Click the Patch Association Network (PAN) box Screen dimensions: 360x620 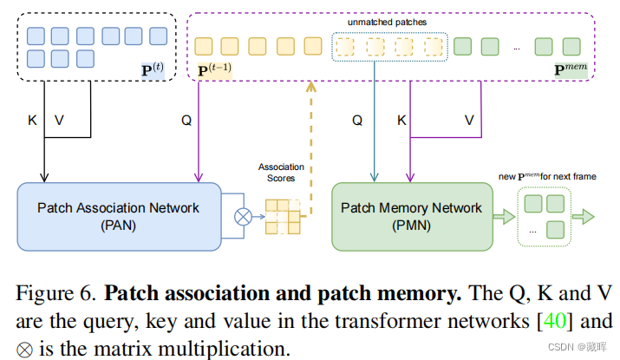tap(119, 215)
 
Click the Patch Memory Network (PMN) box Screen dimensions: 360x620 tap(411, 216)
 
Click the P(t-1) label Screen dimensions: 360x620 tap(215, 66)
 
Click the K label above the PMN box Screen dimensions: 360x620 tap(401, 121)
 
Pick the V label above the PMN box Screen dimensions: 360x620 tap(468, 121)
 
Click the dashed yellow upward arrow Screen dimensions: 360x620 tap(310, 139)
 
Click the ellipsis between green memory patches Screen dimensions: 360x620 tap(516, 47)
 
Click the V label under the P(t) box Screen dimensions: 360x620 tap(59, 121)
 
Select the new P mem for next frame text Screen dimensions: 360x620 tap(548, 176)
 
